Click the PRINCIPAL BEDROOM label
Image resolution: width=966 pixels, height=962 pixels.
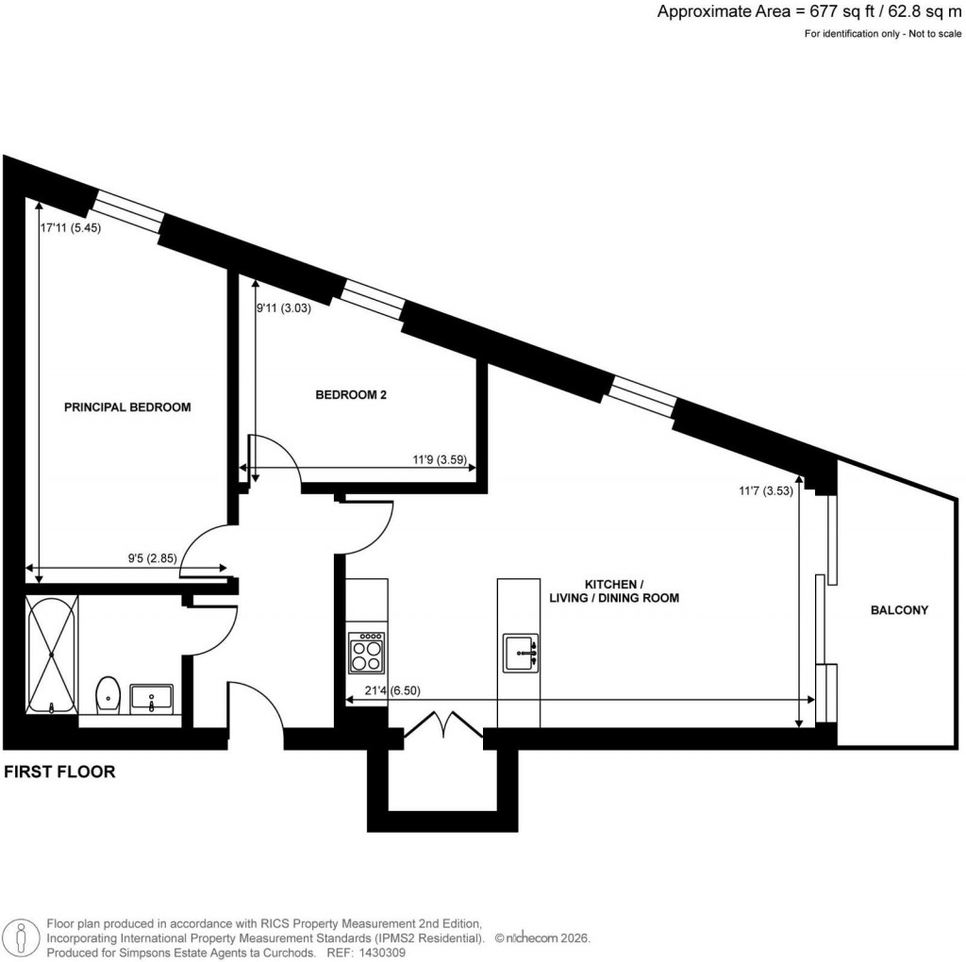(127, 407)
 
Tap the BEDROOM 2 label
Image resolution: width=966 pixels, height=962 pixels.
(351, 396)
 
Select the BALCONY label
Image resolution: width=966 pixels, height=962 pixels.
(899, 610)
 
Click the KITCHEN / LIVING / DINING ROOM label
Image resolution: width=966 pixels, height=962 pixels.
(615, 591)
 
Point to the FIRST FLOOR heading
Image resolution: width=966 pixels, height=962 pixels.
(60, 771)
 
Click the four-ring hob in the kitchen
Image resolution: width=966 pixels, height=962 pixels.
(366, 650)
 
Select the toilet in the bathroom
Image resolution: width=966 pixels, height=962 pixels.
(108, 693)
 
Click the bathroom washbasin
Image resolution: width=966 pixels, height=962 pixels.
(151, 698)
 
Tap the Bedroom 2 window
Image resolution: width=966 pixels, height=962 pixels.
(372, 300)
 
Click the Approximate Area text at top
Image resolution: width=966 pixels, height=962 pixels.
(810, 12)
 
